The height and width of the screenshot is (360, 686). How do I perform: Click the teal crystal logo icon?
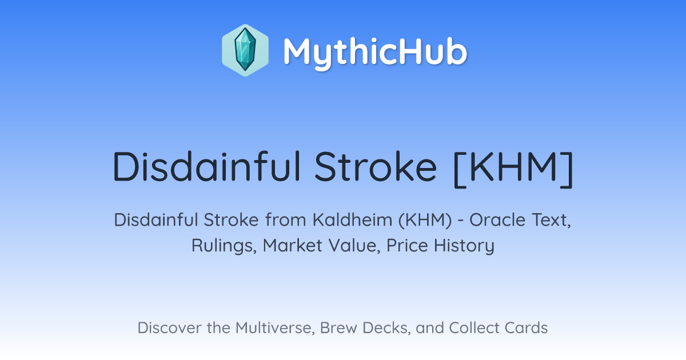click(x=245, y=50)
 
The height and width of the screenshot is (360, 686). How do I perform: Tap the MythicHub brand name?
click(x=375, y=51)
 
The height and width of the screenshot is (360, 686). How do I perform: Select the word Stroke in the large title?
click(x=376, y=167)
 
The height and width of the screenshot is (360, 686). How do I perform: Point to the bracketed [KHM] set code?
click(x=513, y=169)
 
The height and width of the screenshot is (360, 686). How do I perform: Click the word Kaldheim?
click(x=352, y=220)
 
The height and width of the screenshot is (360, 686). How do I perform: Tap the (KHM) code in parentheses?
click(x=425, y=221)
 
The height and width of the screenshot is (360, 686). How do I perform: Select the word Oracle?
click(x=498, y=220)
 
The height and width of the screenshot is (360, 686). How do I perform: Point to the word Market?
click(x=293, y=246)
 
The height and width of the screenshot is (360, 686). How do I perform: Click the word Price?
click(x=407, y=246)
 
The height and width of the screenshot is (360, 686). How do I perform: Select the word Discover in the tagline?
click(x=169, y=327)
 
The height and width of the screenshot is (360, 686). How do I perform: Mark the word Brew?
click(x=338, y=327)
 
